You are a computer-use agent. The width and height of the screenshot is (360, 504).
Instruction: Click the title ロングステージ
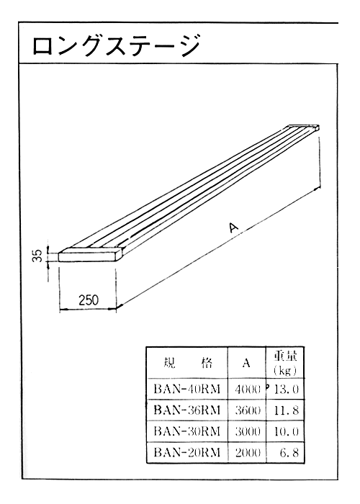(116, 45)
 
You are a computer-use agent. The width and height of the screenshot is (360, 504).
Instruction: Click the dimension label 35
(37, 256)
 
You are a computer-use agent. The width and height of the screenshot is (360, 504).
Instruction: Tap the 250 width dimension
(89, 300)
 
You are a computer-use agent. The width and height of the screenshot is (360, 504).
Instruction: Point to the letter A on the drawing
(234, 228)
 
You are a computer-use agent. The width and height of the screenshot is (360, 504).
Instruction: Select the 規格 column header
(186, 363)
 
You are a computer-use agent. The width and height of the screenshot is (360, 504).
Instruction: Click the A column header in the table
(246, 363)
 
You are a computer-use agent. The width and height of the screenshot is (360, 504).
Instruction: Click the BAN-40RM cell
(186, 390)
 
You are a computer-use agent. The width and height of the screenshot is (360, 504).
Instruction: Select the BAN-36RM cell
(186, 410)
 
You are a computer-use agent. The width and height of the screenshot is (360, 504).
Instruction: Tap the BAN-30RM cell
(186, 431)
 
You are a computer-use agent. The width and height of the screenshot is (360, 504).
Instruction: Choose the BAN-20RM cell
(186, 452)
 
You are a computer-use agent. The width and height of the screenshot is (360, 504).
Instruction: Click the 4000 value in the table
(248, 390)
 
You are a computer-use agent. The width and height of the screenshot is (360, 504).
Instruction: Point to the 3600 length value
(248, 410)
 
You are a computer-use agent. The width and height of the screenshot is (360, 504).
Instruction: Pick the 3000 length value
(248, 431)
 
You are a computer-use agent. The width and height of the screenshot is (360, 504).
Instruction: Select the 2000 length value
(248, 452)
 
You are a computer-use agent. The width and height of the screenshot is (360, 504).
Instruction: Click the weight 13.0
(287, 390)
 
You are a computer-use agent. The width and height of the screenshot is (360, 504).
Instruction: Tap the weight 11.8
(287, 410)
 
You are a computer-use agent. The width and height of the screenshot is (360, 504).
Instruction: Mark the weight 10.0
(287, 431)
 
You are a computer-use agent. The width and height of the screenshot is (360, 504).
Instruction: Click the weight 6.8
(289, 452)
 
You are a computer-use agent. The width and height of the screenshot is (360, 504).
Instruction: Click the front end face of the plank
(88, 256)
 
